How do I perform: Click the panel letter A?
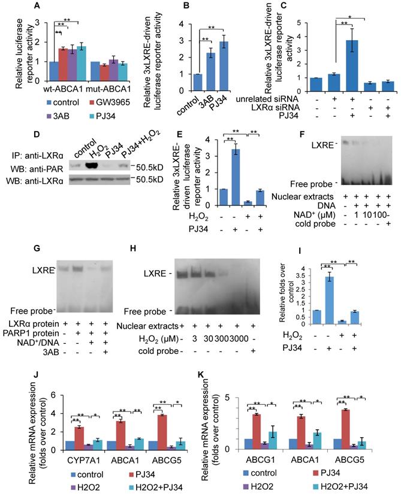pos(21,7)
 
